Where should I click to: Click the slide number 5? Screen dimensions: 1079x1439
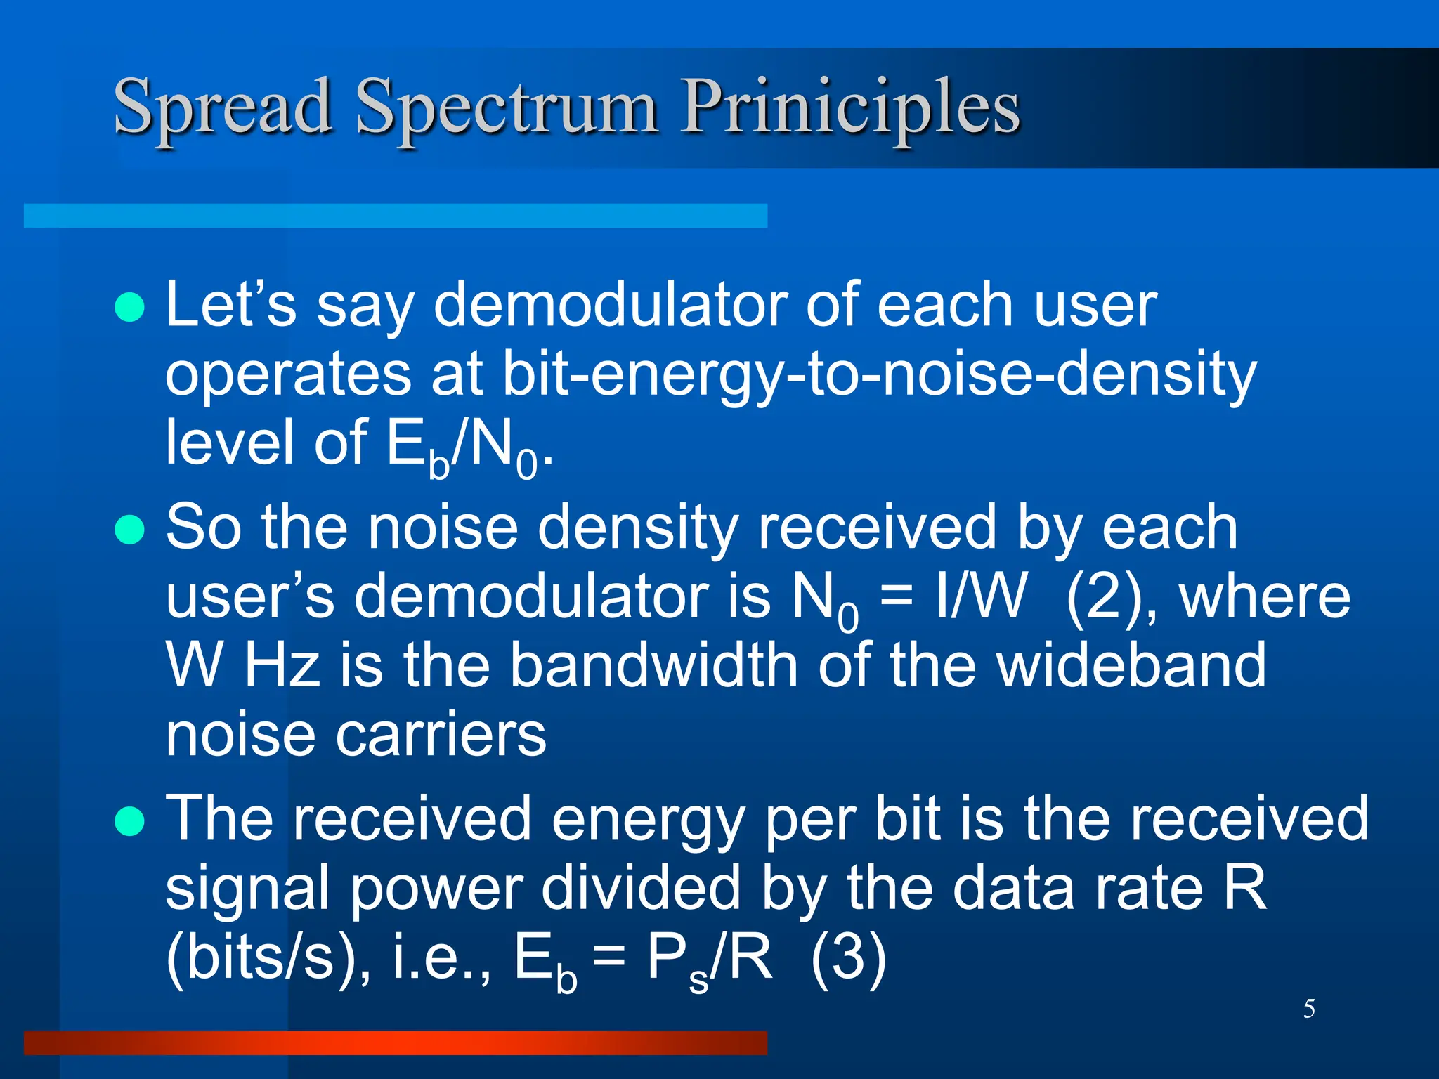pos(1309,1009)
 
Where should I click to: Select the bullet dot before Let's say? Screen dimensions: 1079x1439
pos(129,307)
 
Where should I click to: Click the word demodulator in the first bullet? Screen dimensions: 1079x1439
pos(610,306)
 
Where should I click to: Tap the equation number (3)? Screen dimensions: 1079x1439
pos(848,957)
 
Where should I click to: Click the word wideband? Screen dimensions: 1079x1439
pos(1131,666)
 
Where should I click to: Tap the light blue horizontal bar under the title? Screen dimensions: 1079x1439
pos(395,216)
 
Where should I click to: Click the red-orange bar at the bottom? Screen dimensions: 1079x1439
pos(395,1042)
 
